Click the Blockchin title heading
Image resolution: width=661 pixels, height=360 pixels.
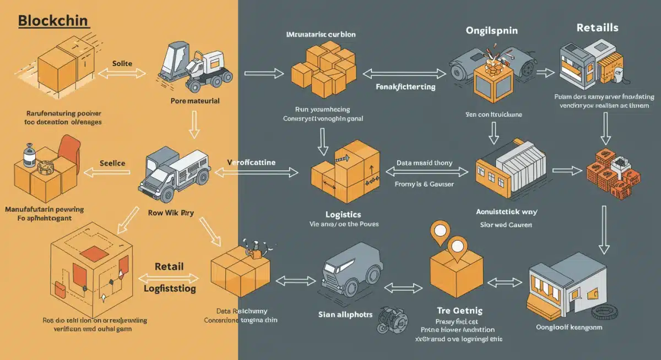coord(53,21)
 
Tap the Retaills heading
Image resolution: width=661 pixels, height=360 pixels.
coord(597,28)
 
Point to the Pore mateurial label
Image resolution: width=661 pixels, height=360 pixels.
coord(195,101)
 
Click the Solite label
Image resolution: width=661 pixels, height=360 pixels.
coord(122,64)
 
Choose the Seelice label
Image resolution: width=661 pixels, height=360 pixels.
coord(112,163)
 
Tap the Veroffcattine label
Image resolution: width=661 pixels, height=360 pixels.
coord(251,162)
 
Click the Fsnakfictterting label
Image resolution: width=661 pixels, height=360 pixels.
coord(405,87)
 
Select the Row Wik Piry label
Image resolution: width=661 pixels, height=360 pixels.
coord(175,212)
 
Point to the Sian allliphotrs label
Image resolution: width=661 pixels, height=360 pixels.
coord(345,315)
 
